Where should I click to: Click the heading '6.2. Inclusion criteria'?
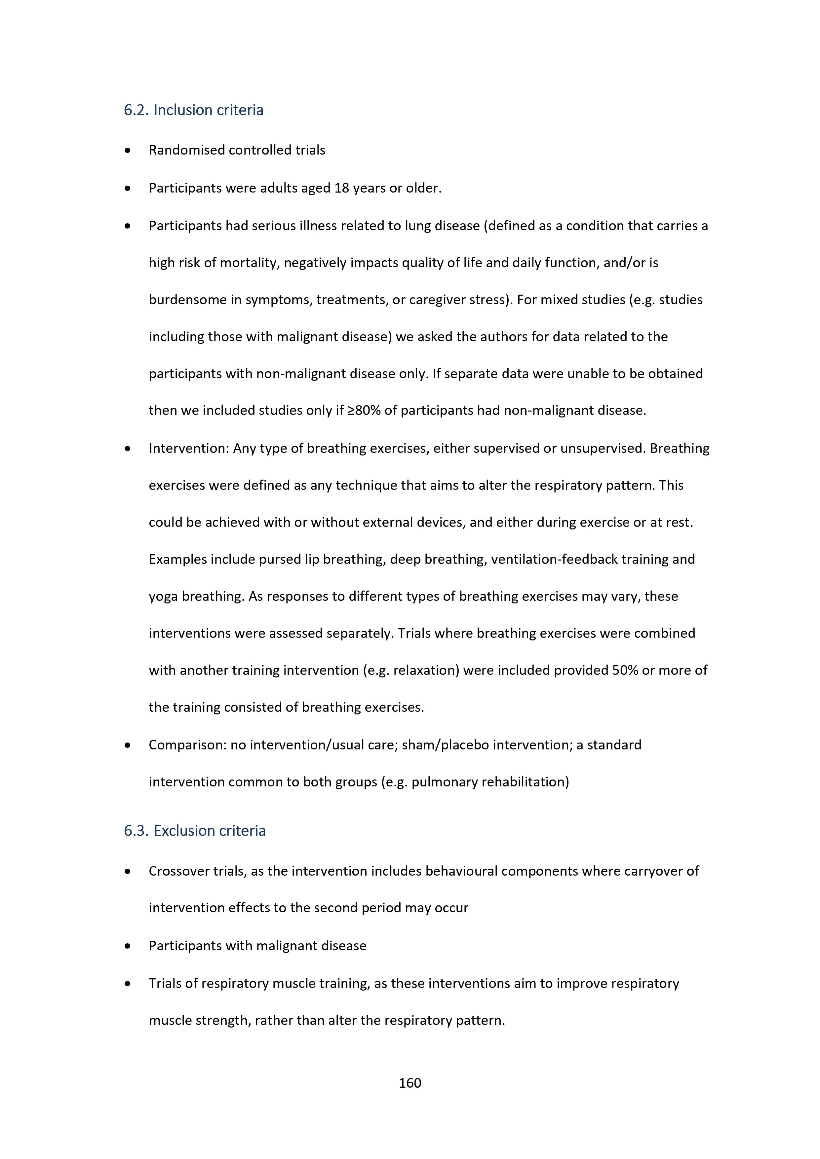click(193, 110)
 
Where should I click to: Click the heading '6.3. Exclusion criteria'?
click(195, 830)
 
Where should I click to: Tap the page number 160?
click(410, 1083)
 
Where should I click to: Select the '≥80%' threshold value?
click(364, 411)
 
